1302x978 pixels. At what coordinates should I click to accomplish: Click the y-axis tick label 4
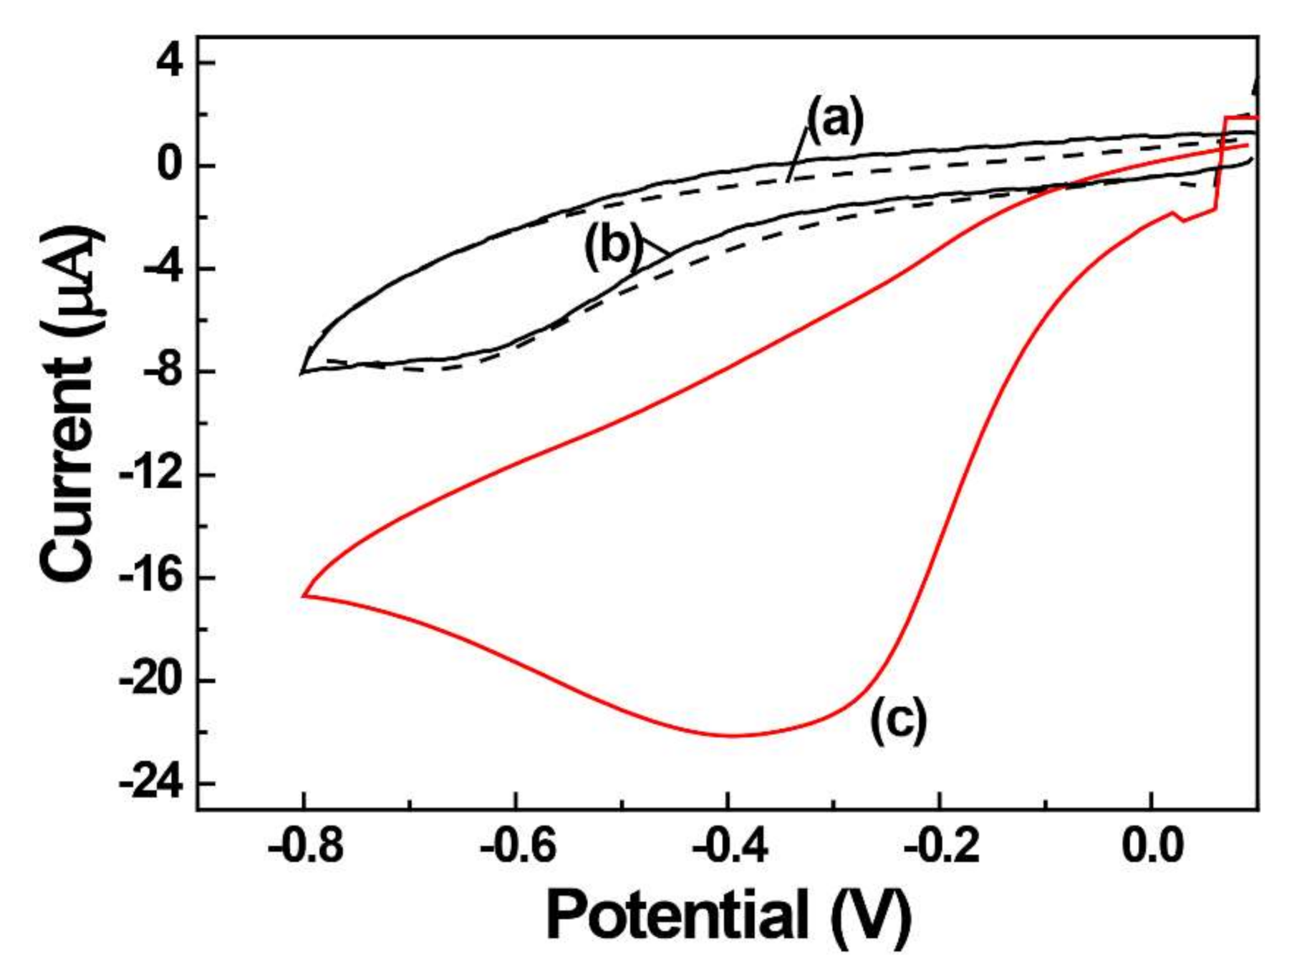tap(170, 63)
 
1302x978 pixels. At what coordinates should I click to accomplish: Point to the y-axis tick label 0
tap(170, 166)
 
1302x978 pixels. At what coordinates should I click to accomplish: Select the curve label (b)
tap(613, 246)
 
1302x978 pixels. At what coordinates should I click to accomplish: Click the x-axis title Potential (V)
tap(728, 916)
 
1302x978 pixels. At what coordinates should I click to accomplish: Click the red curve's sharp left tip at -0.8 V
tap(304, 595)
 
